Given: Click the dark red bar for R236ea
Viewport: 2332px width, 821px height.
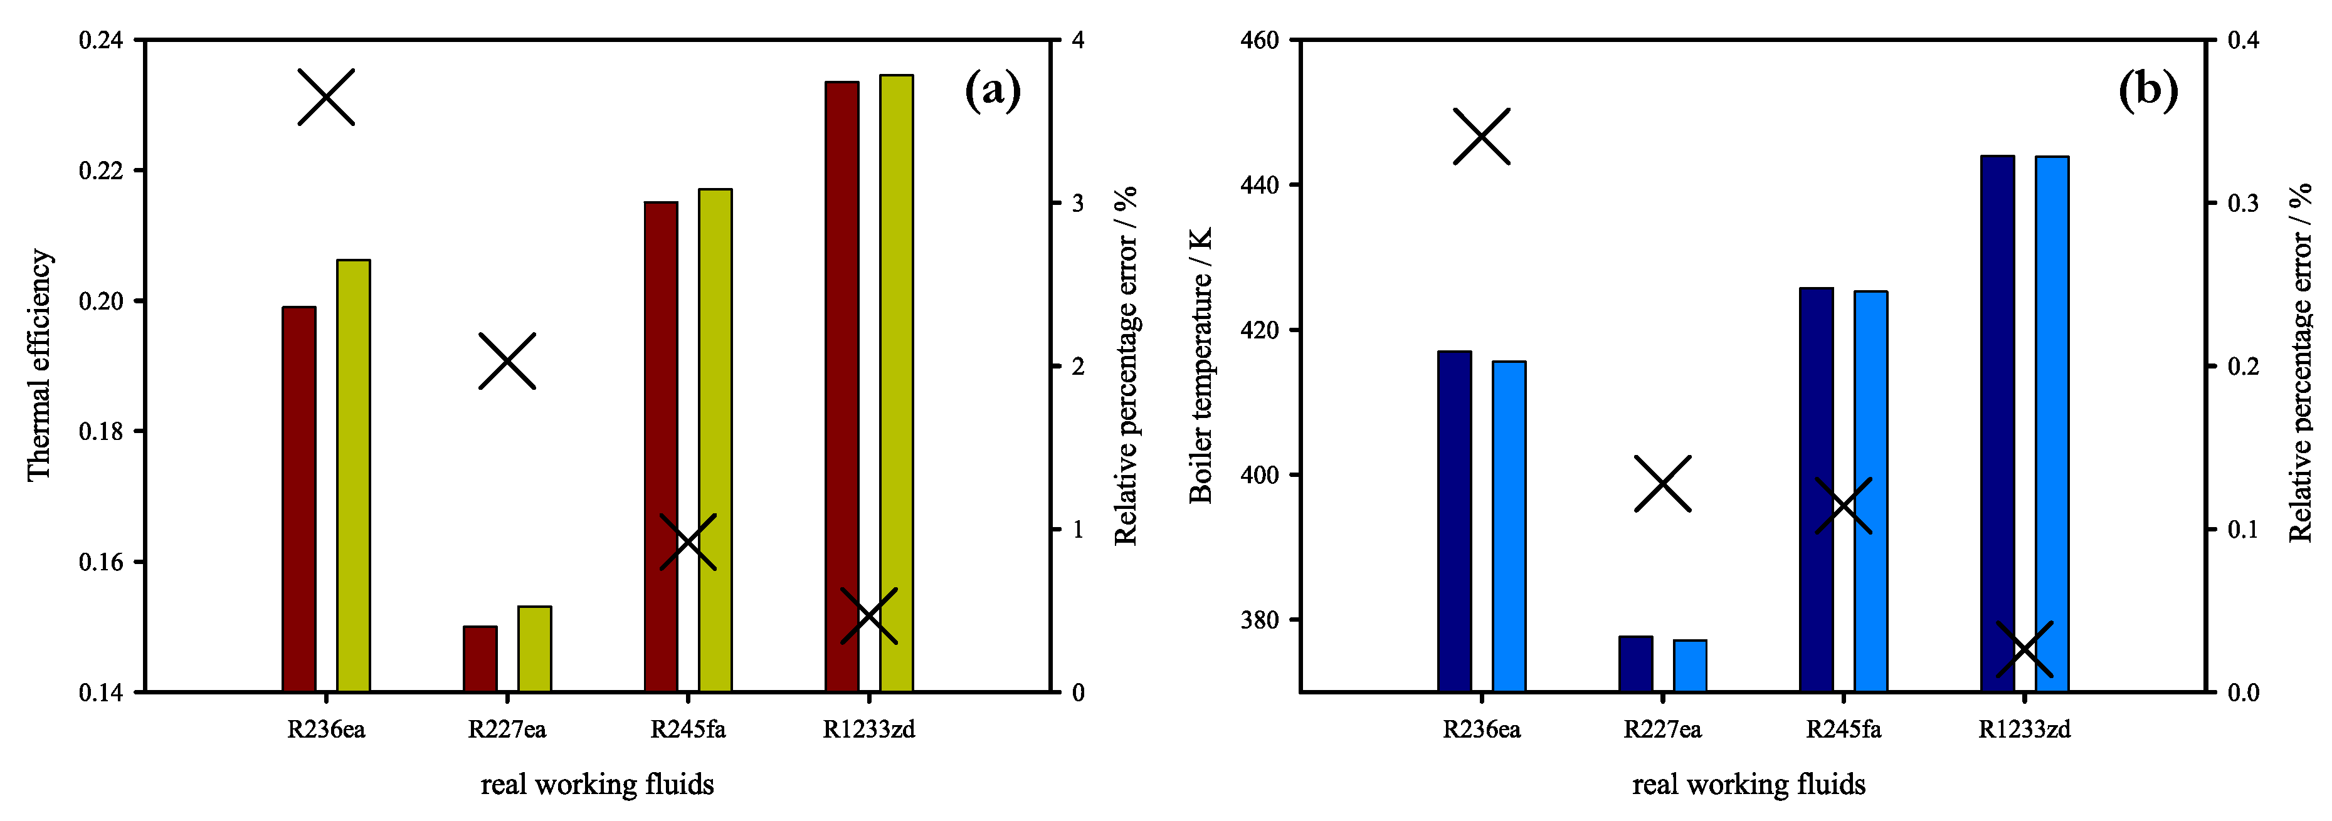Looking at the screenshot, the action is [298, 499].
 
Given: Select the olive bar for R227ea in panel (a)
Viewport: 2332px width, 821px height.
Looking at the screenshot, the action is [534, 649].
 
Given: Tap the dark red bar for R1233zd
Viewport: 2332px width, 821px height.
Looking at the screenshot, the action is [842, 387].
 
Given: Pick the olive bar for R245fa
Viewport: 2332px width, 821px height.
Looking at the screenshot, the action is [715, 441].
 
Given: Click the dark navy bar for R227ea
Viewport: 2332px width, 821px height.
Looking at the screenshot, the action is [1636, 664].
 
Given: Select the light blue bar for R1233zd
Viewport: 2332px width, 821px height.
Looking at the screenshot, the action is [2052, 424].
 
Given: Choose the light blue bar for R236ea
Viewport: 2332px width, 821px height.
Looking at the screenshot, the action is [1509, 527].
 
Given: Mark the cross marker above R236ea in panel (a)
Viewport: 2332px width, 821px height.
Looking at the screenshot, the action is [326, 97].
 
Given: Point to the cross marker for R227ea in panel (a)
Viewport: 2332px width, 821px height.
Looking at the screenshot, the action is [507, 361].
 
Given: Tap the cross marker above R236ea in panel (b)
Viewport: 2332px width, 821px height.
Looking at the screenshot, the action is [1482, 137].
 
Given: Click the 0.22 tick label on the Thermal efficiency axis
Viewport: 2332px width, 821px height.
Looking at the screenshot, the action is [100, 170].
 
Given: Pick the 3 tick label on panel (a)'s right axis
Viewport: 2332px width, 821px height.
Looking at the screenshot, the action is [1077, 203].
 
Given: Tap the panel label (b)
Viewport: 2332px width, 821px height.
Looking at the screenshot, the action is [2148, 90].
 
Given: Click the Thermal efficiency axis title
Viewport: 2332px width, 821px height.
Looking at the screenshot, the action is [38, 366].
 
